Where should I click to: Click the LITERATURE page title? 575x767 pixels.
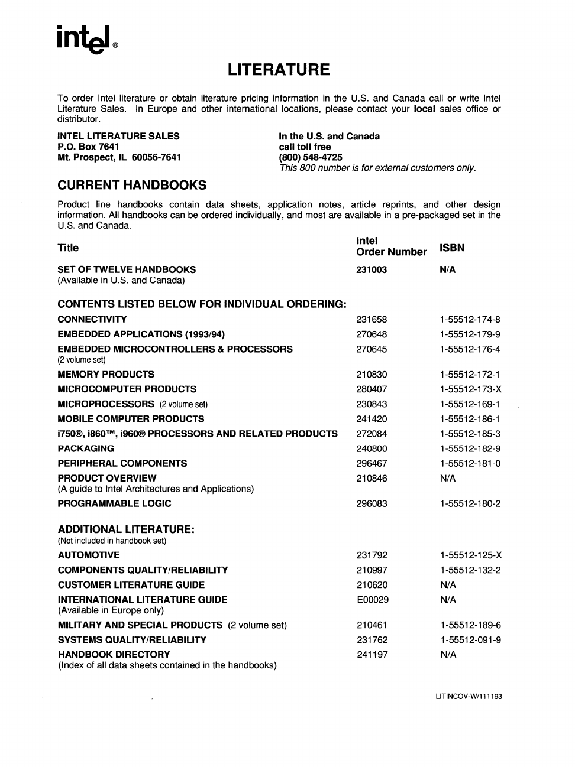click(279, 70)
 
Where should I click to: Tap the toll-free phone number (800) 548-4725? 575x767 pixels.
click(311, 157)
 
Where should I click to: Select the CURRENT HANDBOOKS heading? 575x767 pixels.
click(132, 185)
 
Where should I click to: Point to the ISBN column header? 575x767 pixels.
click(452, 248)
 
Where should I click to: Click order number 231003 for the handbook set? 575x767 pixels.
click(372, 269)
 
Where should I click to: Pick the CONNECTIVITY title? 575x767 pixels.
click(92, 320)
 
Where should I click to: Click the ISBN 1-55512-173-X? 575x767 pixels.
click(470, 389)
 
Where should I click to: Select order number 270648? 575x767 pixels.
click(372, 334)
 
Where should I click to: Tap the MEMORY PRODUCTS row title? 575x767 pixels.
click(106, 375)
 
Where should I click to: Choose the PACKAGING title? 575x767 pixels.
click(86, 448)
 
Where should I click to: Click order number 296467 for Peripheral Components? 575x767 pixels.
click(372, 464)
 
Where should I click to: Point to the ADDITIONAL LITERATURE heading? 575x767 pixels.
click(126, 529)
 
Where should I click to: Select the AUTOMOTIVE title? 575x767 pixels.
click(89, 555)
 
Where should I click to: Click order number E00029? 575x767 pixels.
click(373, 600)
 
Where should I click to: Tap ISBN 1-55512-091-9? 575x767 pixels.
click(471, 640)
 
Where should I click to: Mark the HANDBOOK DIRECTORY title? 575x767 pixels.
click(114, 655)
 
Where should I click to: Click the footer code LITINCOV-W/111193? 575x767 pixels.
click(469, 697)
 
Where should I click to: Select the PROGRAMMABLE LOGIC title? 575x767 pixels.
click(114, 504)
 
